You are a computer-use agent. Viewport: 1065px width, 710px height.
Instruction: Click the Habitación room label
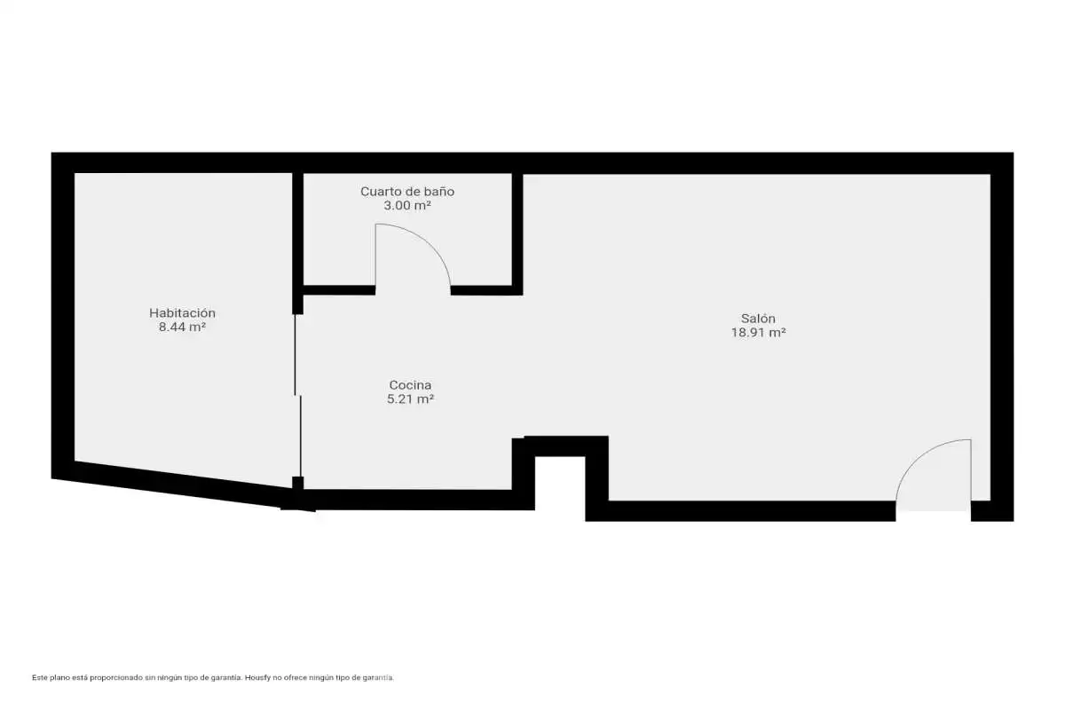(x=182, y=313)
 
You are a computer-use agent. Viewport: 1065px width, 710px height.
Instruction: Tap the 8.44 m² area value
(x=182, y=327)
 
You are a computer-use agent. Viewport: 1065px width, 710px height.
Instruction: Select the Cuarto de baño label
(x=407, y=192)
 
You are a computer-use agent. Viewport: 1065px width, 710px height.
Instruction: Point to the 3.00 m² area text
(x=407, y=205)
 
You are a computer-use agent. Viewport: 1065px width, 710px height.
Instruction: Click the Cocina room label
(x=410, y=384)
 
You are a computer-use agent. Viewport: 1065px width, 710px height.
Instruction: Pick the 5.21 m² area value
(x=410, y=399)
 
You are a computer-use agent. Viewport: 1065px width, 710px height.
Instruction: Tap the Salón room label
(x=758, y=318)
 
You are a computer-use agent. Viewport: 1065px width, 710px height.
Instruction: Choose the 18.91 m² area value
(x=758, y=333)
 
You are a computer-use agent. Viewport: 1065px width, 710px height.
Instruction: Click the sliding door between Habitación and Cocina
(x=298, y=395)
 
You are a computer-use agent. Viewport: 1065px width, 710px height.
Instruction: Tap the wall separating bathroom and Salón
(x=517, y=233)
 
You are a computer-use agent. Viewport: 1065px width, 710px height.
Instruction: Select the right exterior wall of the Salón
(x=1002, y=336)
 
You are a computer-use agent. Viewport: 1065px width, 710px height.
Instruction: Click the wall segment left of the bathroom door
(x=339, y=290)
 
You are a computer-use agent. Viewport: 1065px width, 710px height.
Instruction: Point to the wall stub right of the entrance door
(x=992, y=510)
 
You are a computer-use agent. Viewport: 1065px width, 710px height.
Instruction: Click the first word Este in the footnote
(x=40, y=678)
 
